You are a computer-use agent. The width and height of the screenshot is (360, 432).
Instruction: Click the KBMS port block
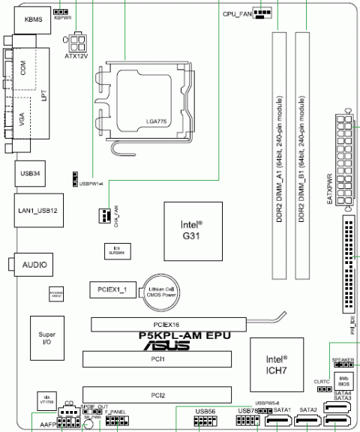pos(32,19)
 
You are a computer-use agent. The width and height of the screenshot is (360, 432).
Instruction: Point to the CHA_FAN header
pos(103,215)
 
